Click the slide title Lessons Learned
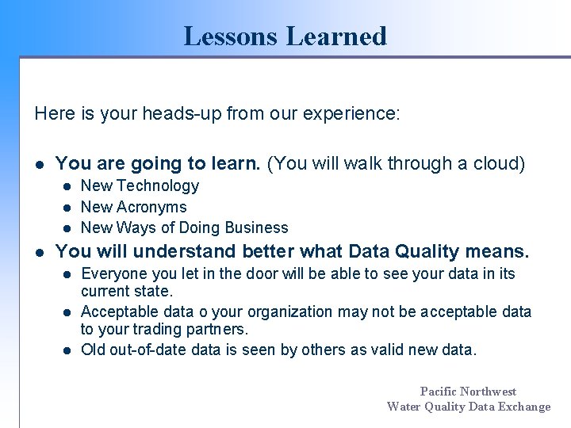point(285,36)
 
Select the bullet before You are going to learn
point(39,164)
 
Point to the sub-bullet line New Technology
point(140,185)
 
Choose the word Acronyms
point(152,207)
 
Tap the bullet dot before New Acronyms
point(68,207)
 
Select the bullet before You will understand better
point(39,253)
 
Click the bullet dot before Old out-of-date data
point(68,350)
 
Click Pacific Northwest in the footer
point(468,391)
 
